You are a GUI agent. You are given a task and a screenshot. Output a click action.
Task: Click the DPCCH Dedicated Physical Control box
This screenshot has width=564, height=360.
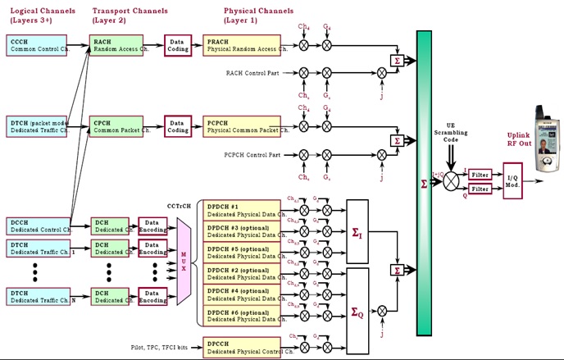pyautogui.click(x=242, y=348)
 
